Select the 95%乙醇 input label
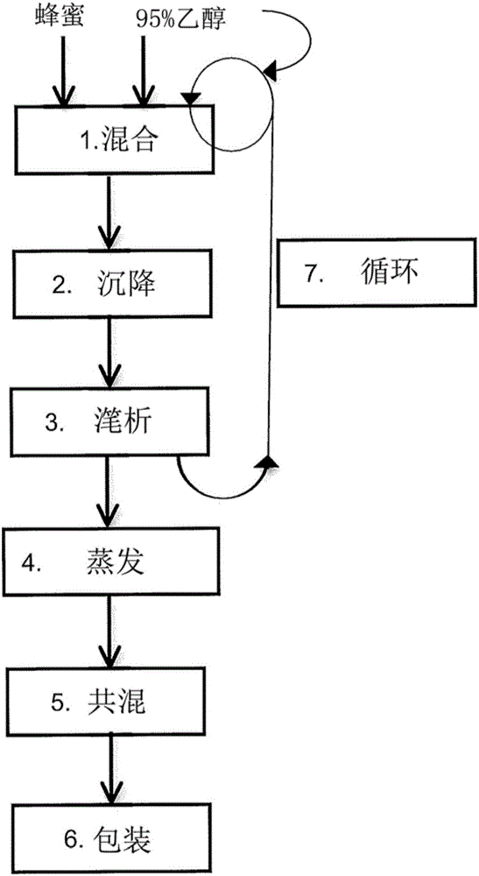click(179, 16)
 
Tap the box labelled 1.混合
click(115, 140)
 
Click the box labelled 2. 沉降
click(115, 285)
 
